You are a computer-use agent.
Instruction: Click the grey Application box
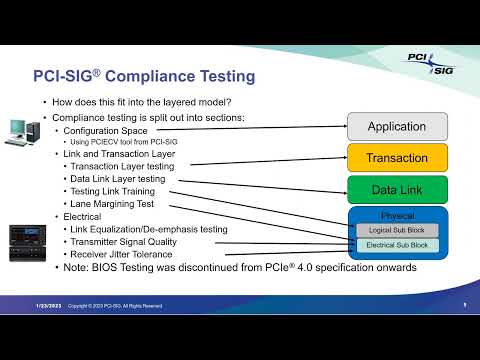[x=397, y=126]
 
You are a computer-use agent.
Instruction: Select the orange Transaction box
[x=397, y=157]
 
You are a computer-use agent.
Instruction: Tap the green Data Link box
[x=397, y=188]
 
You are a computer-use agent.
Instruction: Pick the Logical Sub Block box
[x=397, y=230]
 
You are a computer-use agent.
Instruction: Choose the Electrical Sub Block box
[x=397, y=245]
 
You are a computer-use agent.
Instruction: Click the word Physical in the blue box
[x=397, y=216]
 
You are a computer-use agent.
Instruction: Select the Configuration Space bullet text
[x=107, y=130]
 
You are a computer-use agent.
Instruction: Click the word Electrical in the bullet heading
[x=85, y=216]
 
